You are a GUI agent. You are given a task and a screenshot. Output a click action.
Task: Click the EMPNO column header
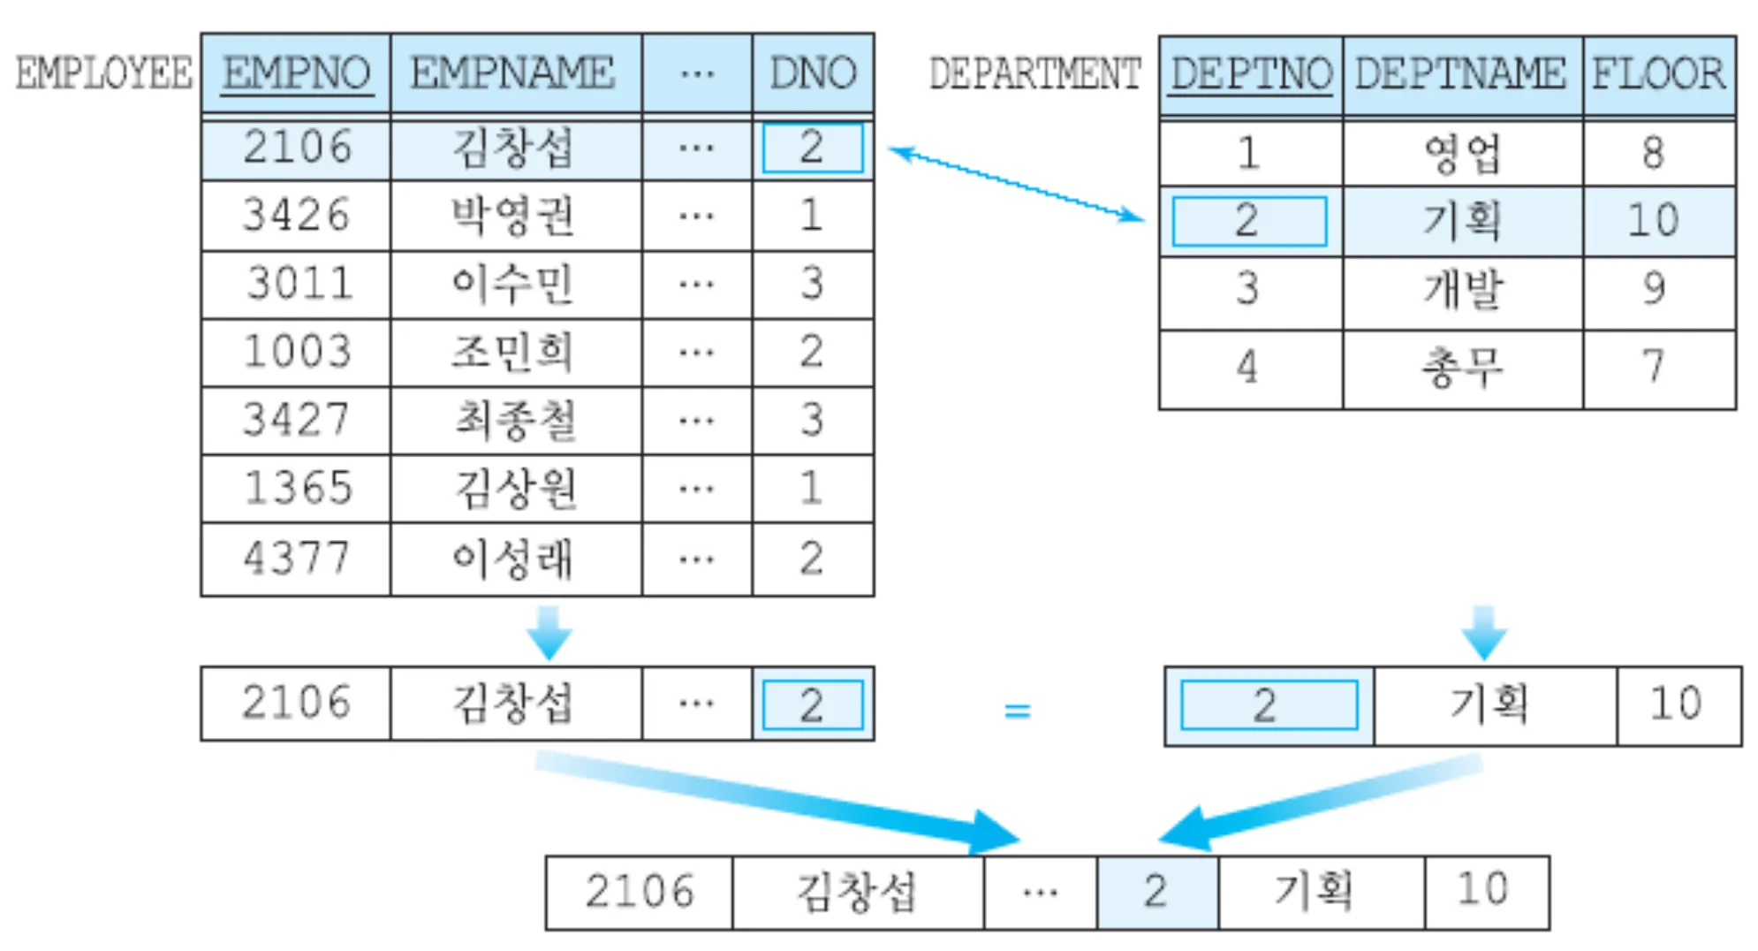pos(296,72)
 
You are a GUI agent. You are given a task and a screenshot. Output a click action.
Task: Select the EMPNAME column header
pos(513,72)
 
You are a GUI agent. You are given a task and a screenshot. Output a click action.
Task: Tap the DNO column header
pos(812,72)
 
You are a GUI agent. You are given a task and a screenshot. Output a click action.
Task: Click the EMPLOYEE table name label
pos(103,73)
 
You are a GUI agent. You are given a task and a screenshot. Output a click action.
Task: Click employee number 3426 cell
pos(296,216)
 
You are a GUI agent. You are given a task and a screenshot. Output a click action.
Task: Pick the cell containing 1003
pos(296,352)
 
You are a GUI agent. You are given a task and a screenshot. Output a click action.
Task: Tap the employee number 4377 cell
pos(296,559)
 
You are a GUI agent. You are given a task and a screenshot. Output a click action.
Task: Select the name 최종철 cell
pos(515,420)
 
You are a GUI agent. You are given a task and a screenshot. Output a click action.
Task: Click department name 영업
pos(1462,153)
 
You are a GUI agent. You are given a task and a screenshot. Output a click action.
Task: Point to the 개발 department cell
pos(1462,289)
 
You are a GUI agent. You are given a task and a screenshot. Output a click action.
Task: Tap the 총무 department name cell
pos(1462,367)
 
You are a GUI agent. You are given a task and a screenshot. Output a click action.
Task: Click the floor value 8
pos(1654,153)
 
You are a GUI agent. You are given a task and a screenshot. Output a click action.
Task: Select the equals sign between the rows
pos(1018,710)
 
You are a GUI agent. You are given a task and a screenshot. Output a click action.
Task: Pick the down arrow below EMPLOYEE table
pos(549,633)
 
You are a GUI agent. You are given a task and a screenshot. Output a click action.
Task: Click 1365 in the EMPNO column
pos(296,489)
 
